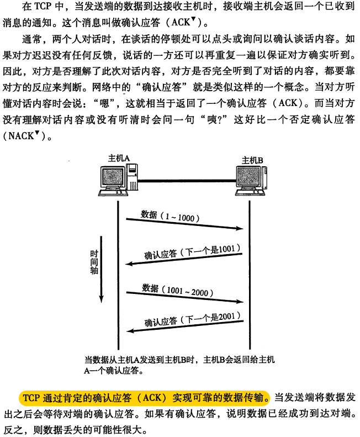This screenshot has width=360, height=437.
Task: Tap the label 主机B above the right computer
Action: pyautogui.click(x=252, y=160)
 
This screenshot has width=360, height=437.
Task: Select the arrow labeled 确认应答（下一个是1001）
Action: pyautogui.click(x=185, y=260)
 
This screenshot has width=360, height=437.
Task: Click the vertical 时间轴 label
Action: pyautogui.click(x=94, y=262)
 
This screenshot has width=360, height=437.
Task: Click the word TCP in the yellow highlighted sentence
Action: pyautogui.click(x=33, y=398)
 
